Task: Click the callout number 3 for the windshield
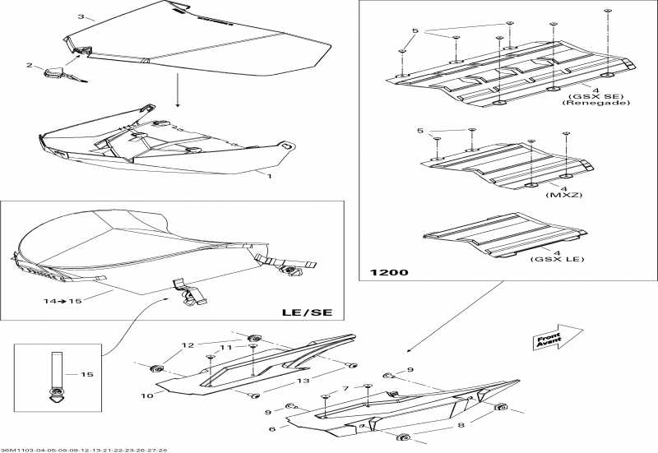click(x=81, y=16)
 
